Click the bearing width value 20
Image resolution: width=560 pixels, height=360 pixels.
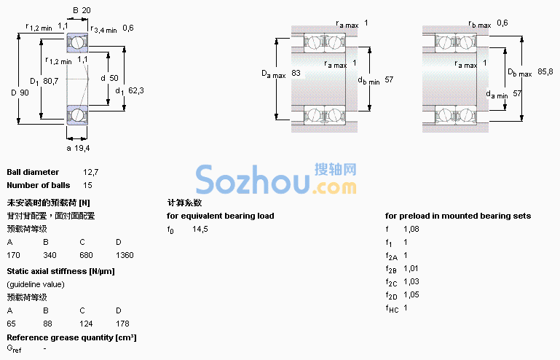click(x=87, y=10)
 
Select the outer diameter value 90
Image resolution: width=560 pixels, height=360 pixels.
click(x=24, y=93)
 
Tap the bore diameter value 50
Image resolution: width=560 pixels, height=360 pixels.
click(x=114, y=78)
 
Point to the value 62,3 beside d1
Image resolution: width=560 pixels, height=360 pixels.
click(x=136, y=90)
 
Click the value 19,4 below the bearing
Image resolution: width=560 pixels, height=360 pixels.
click(x=82, y=148)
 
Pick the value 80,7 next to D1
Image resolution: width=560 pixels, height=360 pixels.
click(x=51, y=81)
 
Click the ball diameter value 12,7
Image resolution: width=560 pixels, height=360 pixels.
click(x=91, y=172)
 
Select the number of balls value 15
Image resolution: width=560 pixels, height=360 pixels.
click(x=87, y=185)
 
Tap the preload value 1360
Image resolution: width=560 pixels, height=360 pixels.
click(x=125, y=255)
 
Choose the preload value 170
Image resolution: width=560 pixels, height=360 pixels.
click(x=14, y=255)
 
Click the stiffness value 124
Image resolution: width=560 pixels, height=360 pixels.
click(x=86, y=324)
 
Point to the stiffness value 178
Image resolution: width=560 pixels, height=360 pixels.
click(x=122, y=324)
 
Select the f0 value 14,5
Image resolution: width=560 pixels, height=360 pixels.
click(x=200, y=229)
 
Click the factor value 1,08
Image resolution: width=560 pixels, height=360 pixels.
click(x=411, y=229)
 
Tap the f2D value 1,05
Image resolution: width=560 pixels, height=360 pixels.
click(x=411, y=295)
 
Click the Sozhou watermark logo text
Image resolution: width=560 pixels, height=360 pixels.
click(x=276, y=179)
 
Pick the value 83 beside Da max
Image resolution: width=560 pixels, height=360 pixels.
click(x=296, y=73)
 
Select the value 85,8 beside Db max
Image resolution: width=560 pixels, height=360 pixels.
click(x=545, y=71)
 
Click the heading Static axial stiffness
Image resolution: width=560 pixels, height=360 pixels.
click(x=47, y=271)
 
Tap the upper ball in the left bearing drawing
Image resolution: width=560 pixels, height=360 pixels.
click(x=76, y=42)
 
